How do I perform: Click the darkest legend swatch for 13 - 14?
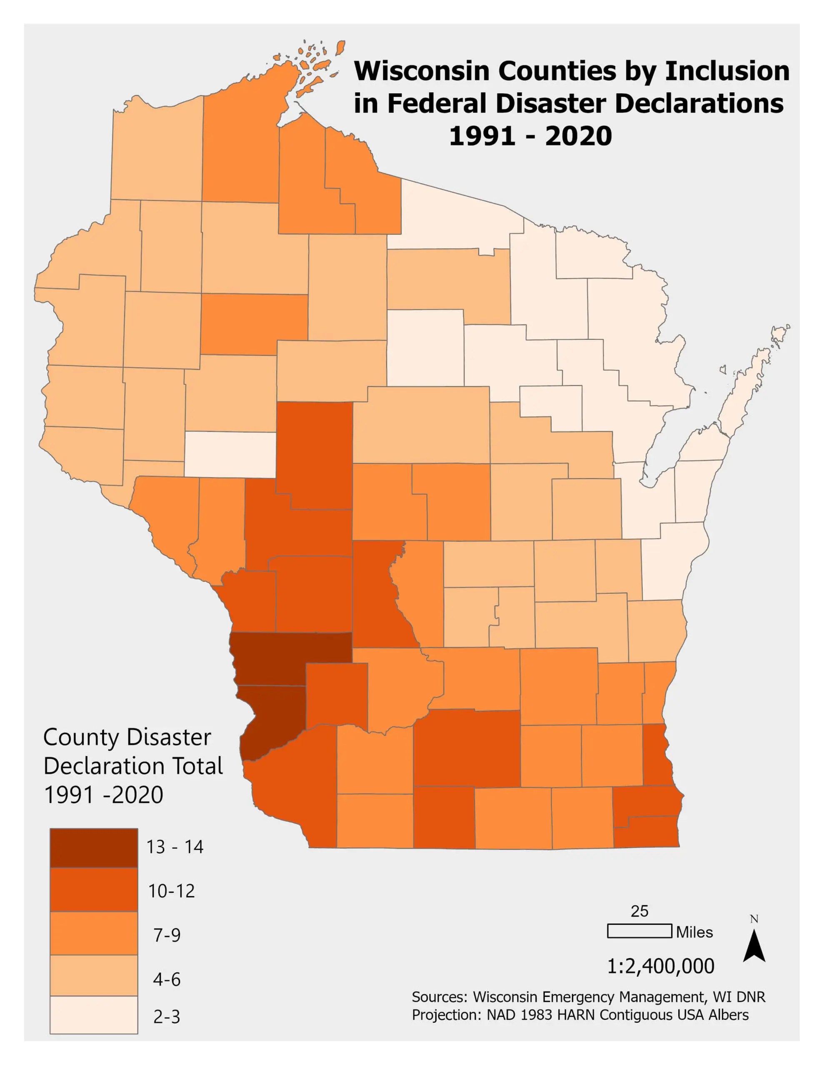click(94, 847)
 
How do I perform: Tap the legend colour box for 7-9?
click(94, 933)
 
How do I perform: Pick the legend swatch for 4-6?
click(94, 975)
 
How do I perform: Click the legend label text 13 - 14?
click(175, 847)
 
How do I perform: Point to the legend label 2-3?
click(167, 1017)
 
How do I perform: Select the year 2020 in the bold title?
click(578, 136)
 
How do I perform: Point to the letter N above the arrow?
click(754, 919)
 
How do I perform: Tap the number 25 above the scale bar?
click(639, 911)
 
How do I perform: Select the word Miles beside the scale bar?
click(694, 932)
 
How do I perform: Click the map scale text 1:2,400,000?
click(660, 966)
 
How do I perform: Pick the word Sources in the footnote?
click(439, 997)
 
